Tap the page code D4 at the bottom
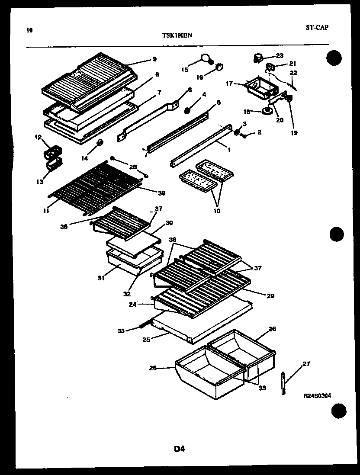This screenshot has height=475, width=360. pyautogui.click(x=180, y=449)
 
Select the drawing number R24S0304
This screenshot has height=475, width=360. pyautogui.click(x=317, y=395)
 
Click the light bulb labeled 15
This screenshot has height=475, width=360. pyautogui.click(x=206, y=58)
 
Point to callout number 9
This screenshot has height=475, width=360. pyautogui.click(x=154, y=59)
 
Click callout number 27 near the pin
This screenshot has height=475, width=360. pyautogui.click(x=306, y=364)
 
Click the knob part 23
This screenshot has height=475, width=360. pyautogui.click(x=258, y=57)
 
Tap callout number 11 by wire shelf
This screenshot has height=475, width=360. pyautogui.click(x=45, y=212)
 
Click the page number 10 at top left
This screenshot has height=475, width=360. pyautogui.click(x=29, y=30)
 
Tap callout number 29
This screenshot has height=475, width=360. pyautogui.click(x=271, y=296)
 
